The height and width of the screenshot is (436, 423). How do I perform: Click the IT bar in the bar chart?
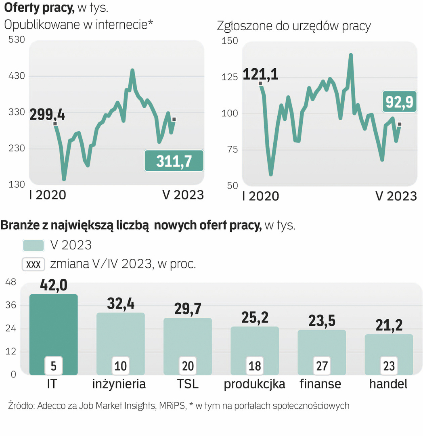click(54, 323)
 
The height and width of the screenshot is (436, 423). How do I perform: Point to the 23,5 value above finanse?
click(322, 321)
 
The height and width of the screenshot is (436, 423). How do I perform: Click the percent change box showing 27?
click(322, 366)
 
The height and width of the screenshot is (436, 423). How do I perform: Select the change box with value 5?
click(54, 366)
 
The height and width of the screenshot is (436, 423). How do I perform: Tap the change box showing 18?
click(255, 366)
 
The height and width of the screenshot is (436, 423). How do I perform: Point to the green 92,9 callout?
click(399, 102)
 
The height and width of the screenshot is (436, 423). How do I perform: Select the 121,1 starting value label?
click(260, 74)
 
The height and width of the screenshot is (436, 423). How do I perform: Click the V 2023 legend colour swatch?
click(34, 245)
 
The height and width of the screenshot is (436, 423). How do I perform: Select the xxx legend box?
click(34, 264)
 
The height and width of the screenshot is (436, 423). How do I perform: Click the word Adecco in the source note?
click(51, 406)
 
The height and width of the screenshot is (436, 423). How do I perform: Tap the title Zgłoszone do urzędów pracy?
click(294, 26)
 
